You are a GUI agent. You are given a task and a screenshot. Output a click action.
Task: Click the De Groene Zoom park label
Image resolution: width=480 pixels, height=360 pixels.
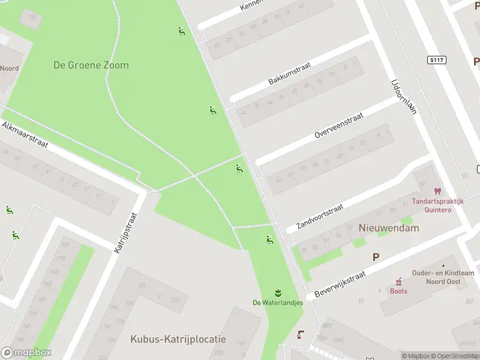91,65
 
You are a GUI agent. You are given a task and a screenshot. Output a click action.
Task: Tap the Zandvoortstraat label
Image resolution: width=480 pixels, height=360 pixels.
320,217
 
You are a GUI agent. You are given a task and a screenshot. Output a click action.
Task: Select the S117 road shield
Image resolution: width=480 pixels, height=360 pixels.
436,60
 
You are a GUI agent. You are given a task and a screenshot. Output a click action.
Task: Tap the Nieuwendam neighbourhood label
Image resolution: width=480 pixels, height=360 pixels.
389,228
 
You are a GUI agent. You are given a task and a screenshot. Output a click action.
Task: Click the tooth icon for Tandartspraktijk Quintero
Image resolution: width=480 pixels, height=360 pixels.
437,191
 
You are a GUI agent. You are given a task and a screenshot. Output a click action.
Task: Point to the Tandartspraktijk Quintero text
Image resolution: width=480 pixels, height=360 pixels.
437,206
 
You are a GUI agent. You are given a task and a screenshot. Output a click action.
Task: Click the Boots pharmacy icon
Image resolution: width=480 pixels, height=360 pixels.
398,281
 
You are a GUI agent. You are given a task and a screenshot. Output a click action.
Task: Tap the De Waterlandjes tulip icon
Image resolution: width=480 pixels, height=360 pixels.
278,293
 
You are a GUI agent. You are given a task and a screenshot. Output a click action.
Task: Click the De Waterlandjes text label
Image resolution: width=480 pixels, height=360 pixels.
278,302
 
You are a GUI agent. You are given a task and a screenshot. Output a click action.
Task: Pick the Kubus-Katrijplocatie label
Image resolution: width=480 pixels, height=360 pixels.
178,339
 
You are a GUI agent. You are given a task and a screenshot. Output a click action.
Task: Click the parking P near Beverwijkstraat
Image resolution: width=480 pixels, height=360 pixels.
376,257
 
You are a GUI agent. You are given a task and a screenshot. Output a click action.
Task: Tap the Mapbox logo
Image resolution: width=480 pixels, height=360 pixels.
26,353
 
